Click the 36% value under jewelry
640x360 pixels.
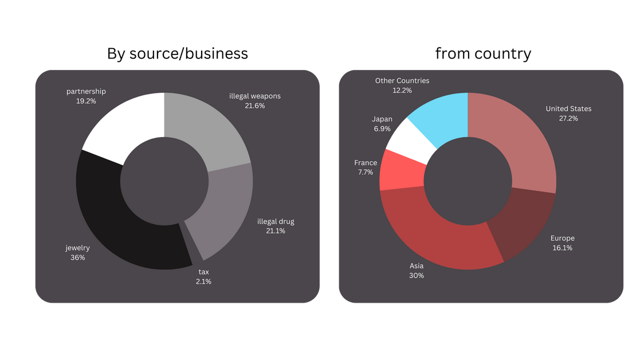(x=77, y=258)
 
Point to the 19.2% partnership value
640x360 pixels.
(x=86, y=101)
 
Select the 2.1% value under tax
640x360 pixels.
(x=203, y=281)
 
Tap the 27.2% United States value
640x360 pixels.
(x=568, y=119)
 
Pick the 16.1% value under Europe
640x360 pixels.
(x=563, y=248)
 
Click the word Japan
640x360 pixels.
(x=382, y=119)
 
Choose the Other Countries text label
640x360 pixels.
(x=402, y=81)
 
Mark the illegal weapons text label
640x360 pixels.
(x=255, y=96)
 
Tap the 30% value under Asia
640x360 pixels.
(x=417, y=276)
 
